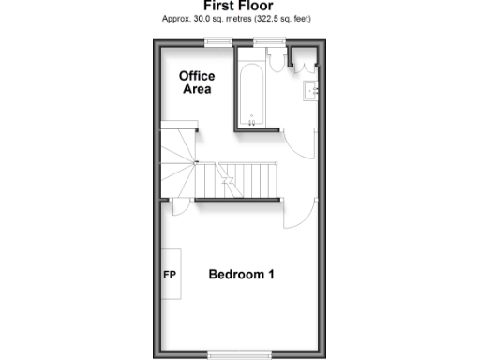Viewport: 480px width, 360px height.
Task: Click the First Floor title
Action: tap(238, 6)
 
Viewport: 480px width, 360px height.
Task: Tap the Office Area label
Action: tap(196, 82)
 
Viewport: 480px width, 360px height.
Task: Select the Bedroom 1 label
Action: tap(241, 275)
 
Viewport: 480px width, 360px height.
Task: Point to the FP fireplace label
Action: tap(171, 276)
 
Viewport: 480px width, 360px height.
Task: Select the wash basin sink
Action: tap(313, 90)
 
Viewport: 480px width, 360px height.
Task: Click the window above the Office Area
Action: tap(220, 40)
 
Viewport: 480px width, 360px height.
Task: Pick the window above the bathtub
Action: tap(270, 40)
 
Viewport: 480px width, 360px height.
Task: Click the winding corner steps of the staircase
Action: tap(178, 164)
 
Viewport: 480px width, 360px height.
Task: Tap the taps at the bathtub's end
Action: tap(251, 119)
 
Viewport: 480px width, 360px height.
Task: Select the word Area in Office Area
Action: tap(196, 90)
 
